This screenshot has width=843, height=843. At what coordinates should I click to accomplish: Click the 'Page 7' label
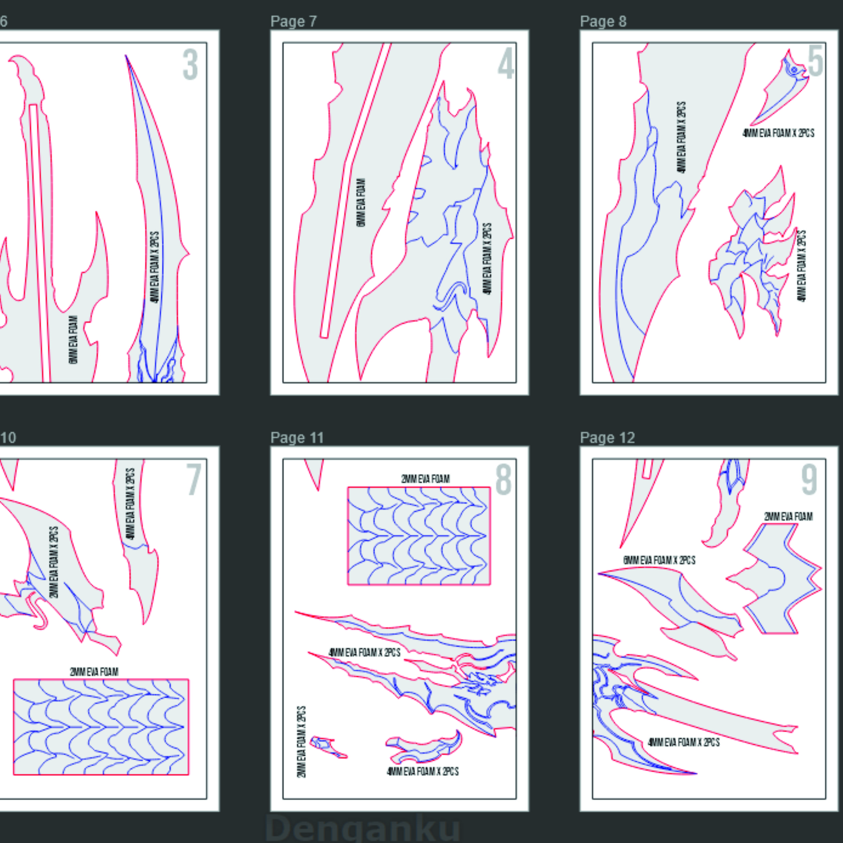coord(293,21)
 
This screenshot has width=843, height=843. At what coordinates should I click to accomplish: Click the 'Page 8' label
coord(603,21)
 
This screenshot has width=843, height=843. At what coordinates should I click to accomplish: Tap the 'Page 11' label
coord(297,437)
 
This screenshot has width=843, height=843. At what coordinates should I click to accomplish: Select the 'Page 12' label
coord(607,437)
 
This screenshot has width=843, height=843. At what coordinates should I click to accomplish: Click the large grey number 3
coord(190,65)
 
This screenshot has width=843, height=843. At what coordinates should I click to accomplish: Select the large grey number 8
coord(503,480)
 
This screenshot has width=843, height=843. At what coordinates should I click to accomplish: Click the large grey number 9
coord(809,480)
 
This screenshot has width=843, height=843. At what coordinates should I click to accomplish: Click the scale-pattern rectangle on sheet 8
coord(419,536)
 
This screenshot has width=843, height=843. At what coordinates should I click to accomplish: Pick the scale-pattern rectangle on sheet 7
coord(101,727)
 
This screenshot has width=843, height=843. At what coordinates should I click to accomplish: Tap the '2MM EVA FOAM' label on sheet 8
coord(425,479)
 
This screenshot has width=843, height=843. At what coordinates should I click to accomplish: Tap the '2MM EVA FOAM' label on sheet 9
coord(788,517)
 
